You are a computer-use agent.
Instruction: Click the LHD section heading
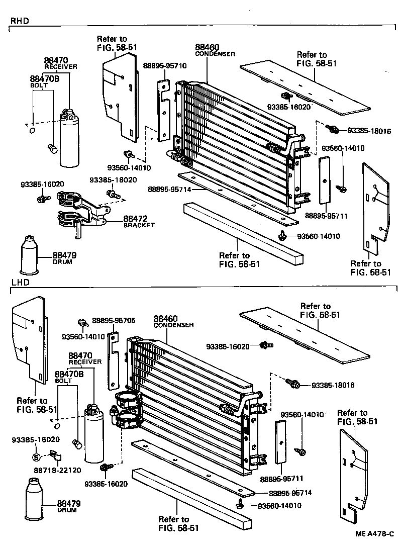pyautogui.click(x=19, y=283)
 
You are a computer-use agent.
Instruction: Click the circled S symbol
pyautogui.click(x=36, y=456)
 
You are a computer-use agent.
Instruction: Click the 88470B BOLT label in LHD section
pyautogui.click(x=68, y=377)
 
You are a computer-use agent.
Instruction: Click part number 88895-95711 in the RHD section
pyautogui.click(x=326, y=216)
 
